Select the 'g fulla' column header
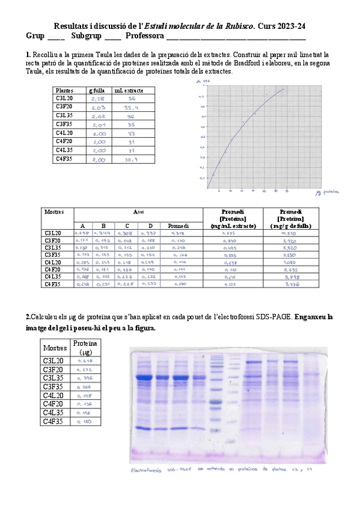point(97,90)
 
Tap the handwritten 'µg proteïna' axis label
point(326,193)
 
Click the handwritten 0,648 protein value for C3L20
point(85,360)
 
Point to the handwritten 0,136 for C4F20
point(85,404)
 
